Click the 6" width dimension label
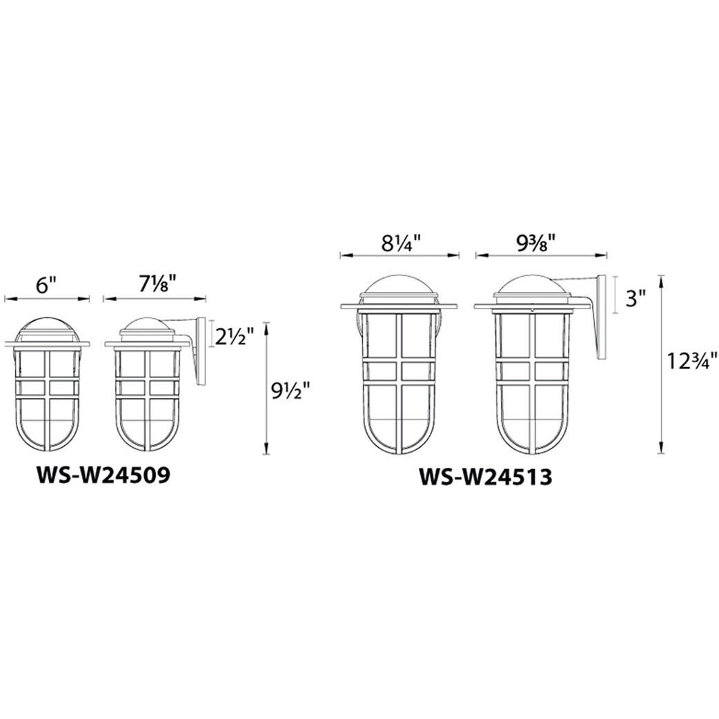click(46, 286)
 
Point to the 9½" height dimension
click(291, 391)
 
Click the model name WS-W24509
click(104, 475)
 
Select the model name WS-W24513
click(486, 477)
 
